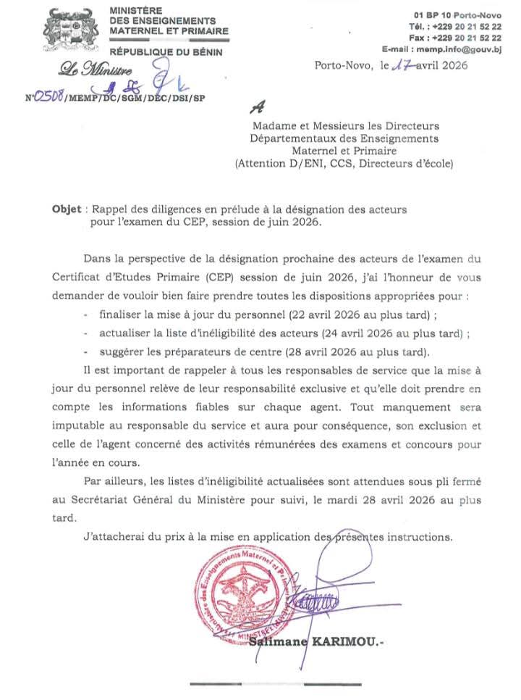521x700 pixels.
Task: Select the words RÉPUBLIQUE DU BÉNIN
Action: [x=166, y=52]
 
